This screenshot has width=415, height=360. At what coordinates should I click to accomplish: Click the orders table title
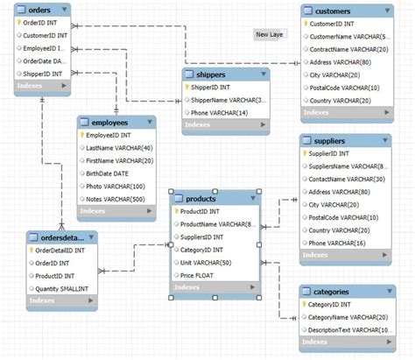pos(39,10)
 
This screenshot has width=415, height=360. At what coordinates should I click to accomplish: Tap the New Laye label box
pos(269,35)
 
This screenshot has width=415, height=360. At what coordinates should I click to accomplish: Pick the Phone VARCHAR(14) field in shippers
pos(219,113)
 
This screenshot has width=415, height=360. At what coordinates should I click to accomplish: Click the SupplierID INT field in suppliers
pos(330,153)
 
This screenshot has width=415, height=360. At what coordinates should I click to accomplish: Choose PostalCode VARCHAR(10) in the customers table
pos(344,88)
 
